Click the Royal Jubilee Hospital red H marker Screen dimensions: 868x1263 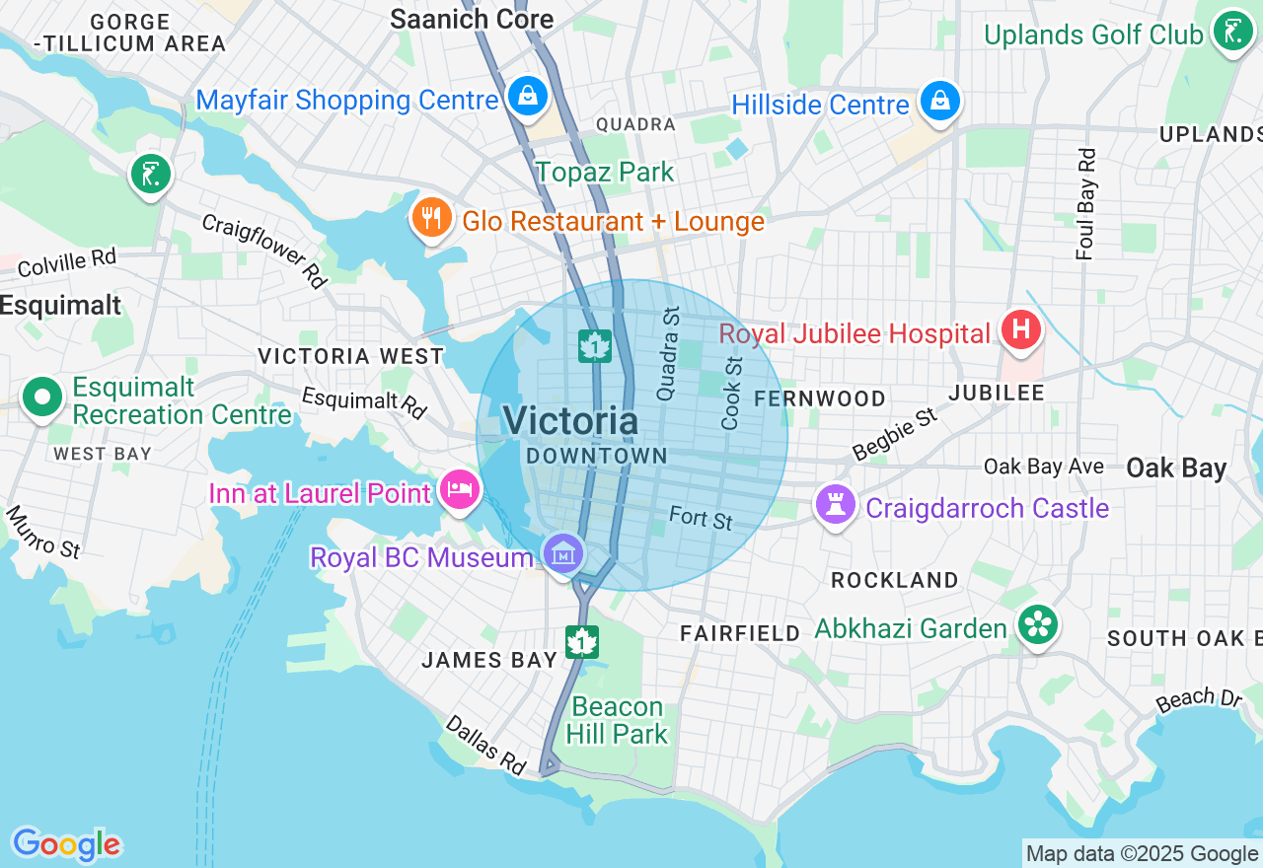point(1020,328)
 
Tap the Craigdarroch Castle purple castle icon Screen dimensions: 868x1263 point(836,504)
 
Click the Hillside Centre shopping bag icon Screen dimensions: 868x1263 point(940,102)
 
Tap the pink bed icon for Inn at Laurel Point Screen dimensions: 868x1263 point(460,488)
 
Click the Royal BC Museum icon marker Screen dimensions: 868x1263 point(563,554)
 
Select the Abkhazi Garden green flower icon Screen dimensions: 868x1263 point(1038,624)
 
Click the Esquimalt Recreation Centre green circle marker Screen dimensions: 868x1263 point(41,398)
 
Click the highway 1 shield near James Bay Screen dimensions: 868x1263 point(582,642)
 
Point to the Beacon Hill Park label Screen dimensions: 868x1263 point(618,720)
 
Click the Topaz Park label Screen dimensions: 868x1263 point(605,172)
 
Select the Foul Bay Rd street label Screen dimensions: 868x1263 point(1086,204)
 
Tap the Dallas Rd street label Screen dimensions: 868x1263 point(485,744)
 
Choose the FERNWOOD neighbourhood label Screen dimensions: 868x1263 point(819,398)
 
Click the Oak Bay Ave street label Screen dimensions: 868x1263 point(1043,466)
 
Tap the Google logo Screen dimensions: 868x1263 point(66,844)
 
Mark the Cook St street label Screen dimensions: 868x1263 point(731,393)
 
